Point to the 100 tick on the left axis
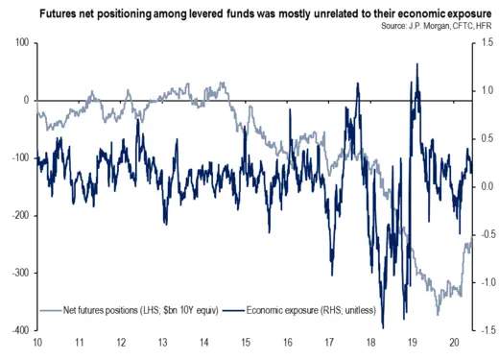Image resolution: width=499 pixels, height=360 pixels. tap(20, 43)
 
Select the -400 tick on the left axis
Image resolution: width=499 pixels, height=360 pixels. tap(17, 330)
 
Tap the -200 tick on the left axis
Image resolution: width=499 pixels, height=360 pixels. tap(17, 216)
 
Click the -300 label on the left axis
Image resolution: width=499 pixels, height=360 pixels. tap(17, 274)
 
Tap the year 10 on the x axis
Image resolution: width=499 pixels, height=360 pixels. tap(36, 344)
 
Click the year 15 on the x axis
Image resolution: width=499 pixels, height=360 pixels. tap(245, 344)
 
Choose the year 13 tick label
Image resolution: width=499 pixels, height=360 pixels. tap(161, 344)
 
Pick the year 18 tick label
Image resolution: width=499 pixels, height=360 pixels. tap(370, 344)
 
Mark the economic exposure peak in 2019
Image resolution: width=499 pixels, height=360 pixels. tap(416, 64)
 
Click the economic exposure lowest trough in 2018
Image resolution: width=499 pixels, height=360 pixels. tap(383, 327)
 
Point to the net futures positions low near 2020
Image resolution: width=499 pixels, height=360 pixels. tap(439, 314)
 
